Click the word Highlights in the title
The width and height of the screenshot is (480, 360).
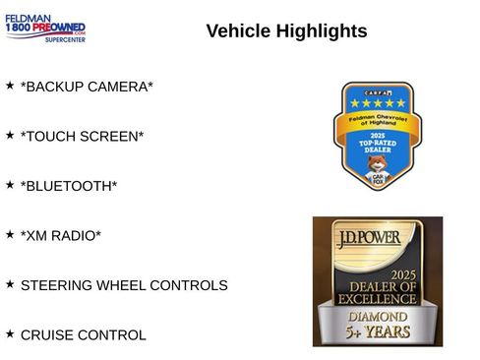[x=322, y=31]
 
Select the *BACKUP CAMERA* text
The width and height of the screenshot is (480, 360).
[x=87, y=87]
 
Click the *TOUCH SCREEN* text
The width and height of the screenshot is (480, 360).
[x=82, y=136]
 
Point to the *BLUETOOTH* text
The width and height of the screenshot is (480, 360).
[x=69, y=185]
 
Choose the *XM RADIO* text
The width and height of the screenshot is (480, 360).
[x=61, y=235]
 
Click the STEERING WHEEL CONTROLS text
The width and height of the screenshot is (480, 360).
[x=124, y=285]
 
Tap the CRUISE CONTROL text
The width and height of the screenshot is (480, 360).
[x=84, y=335]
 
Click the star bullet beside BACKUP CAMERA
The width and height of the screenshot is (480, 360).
[x=10, y=86]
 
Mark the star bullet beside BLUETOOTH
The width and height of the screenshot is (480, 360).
[x=10, y=184]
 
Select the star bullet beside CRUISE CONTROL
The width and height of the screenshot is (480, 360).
[x=10, y=334]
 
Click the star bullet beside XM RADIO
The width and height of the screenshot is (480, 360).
[x=10, y=234]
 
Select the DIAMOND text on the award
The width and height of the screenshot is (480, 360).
[x=379, y=317]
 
